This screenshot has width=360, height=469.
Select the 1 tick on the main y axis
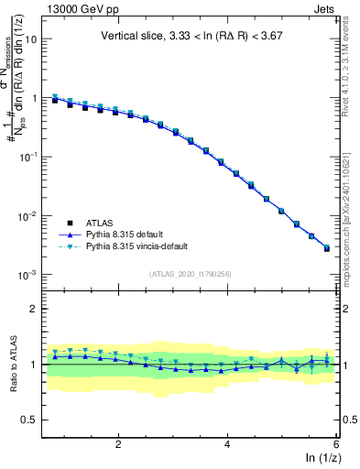pyautogui.click(x=33, y=98)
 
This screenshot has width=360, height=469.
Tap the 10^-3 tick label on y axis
pyautogui.click(x=28, y=275)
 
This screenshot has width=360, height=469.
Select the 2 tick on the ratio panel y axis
pyautogui.click(x=33, y=309)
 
